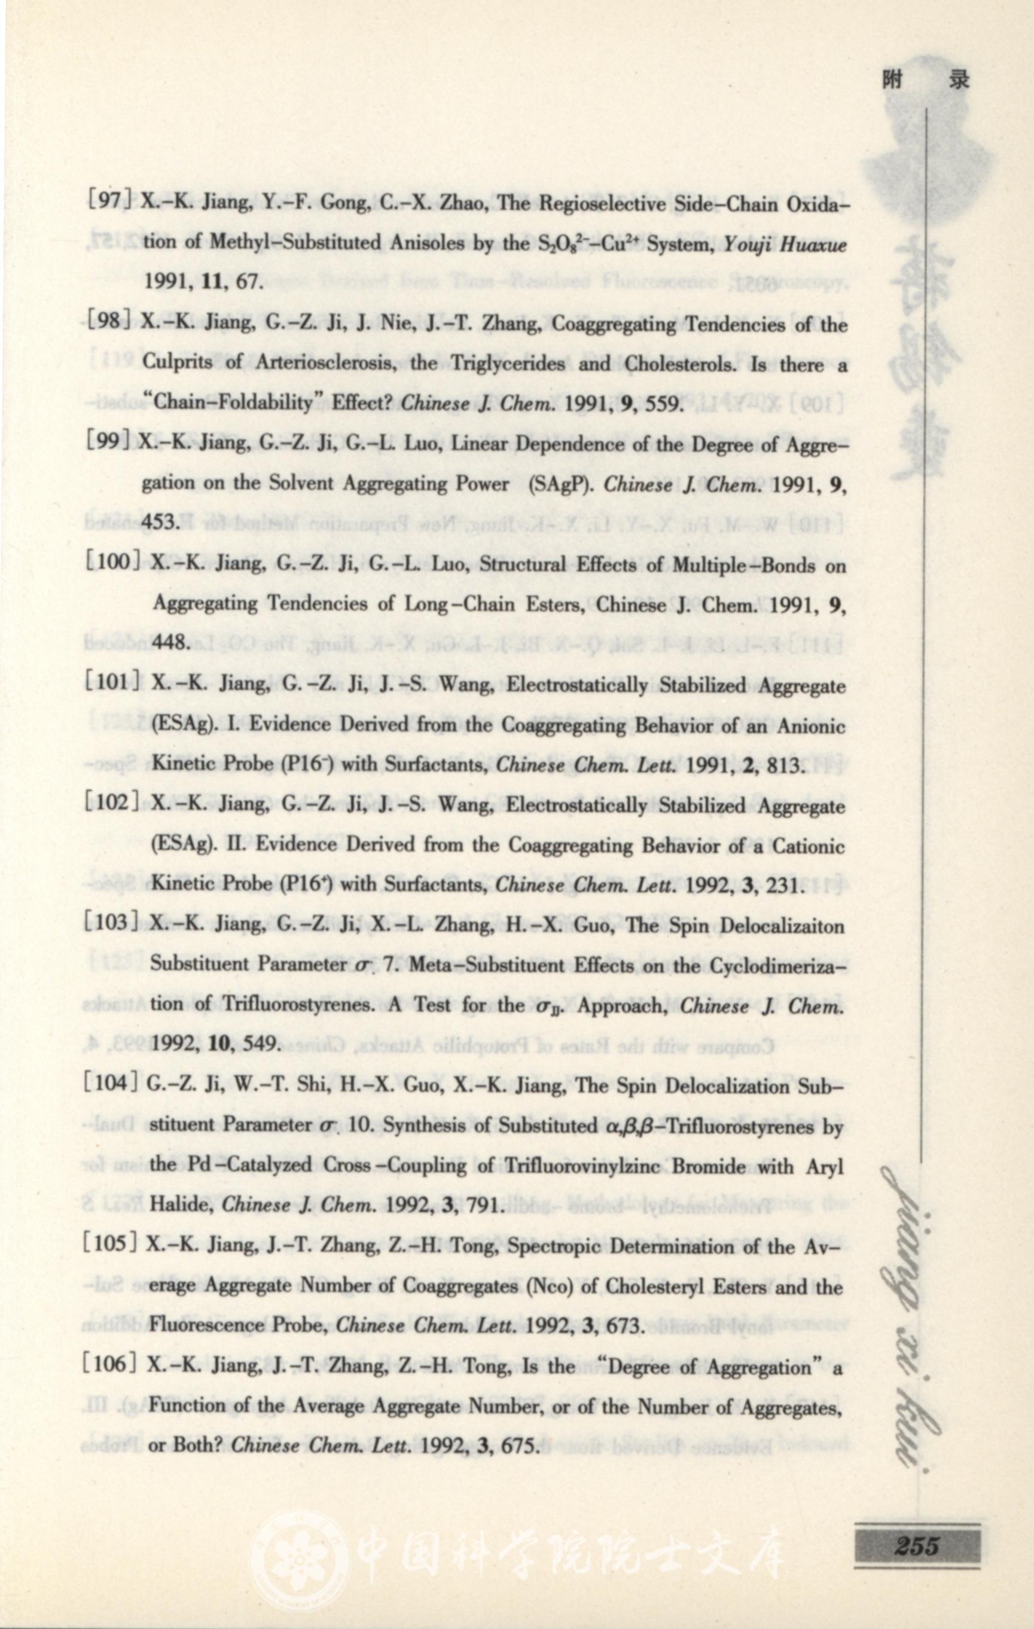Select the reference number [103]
(112, 922)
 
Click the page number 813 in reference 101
(783, 767)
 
